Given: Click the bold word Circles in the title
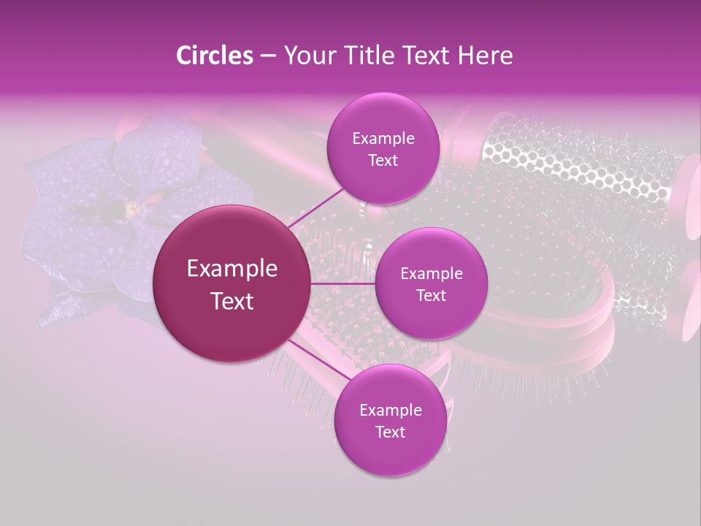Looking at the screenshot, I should (x=214, y=56).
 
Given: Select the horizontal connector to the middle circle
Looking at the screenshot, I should (x=343, y=283).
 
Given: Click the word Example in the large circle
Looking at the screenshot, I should (x=232, y=269).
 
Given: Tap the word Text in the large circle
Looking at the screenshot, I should (x=232, y=301).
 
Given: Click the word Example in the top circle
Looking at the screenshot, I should (x=383, y=139).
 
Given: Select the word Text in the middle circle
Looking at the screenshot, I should (x=431, y=296).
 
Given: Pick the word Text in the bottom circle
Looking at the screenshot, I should (x=390, y=432).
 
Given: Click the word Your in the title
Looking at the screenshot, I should (x=307, y=56).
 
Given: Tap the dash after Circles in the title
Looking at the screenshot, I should (x=267, y=56).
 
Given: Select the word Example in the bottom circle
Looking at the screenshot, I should (x=390, y=411).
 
